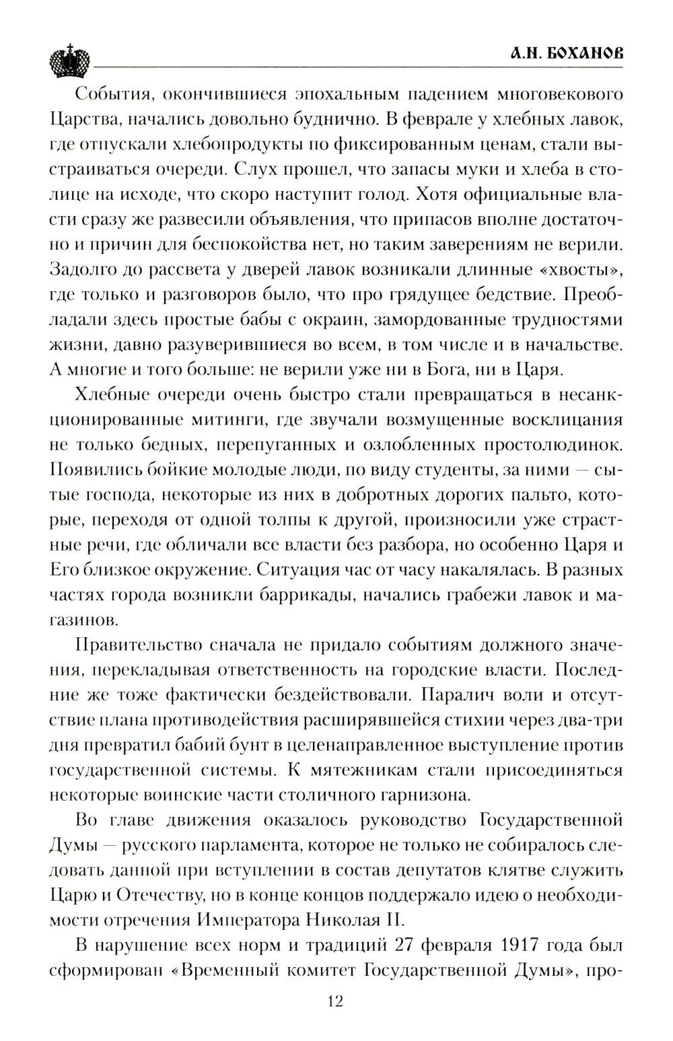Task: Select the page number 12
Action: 335,1001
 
